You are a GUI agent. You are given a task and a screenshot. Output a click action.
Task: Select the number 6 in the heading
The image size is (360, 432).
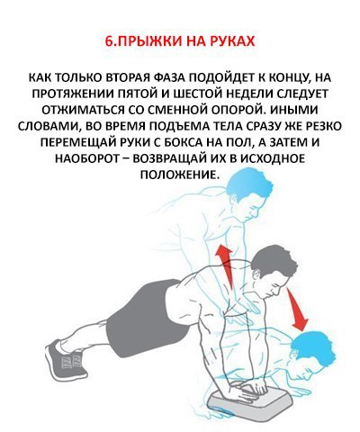109,41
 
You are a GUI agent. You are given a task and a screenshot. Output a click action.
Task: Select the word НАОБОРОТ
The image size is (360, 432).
92,158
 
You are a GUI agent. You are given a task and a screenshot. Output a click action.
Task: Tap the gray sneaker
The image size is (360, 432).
65,358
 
